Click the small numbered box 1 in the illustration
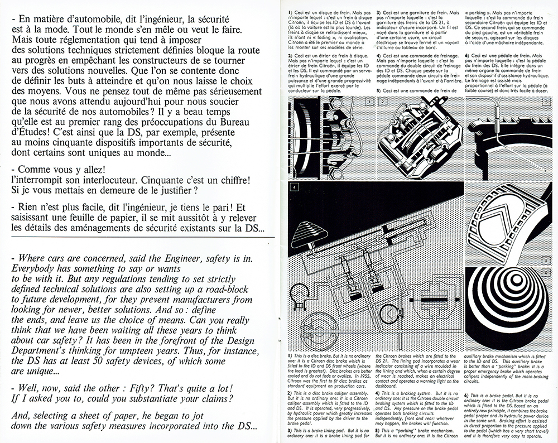tap(370, 102)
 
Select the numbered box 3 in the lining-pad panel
tap(547, 102)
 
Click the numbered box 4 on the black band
tap(294, 187)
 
